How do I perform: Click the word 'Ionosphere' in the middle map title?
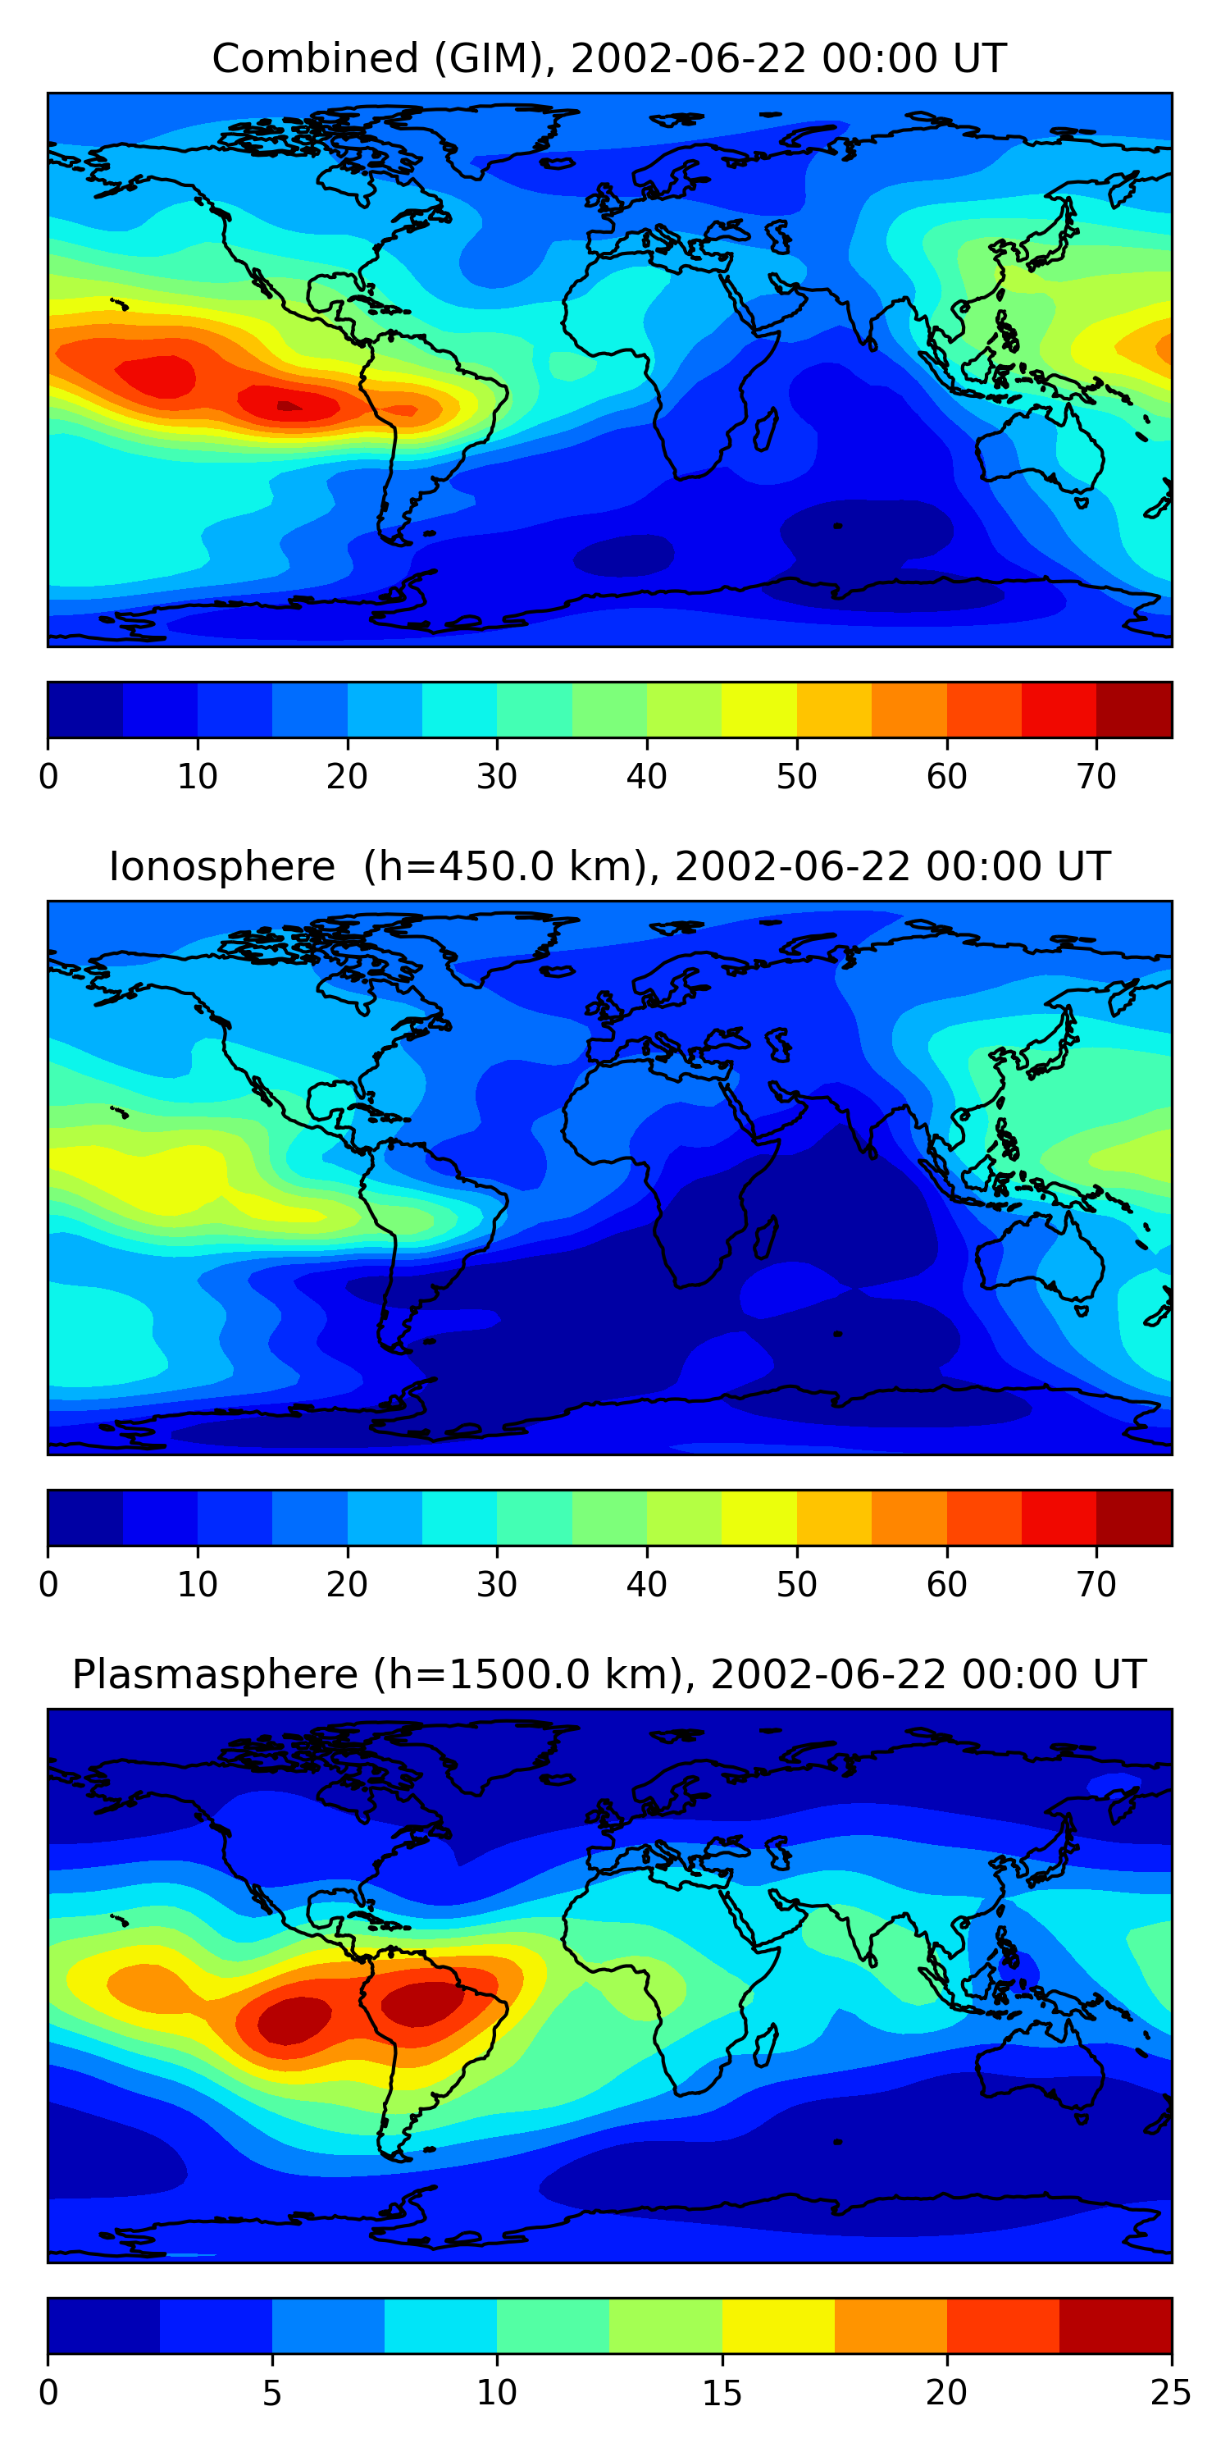[x=221, y=867]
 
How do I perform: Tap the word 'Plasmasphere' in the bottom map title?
[x=215, y=1675]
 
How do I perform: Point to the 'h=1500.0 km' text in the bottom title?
[x=526, y=1675]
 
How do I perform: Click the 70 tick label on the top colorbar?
[x=1096, y=777]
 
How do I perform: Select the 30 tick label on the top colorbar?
[x=497, y=777]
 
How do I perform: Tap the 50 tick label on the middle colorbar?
[x=796, y=1585]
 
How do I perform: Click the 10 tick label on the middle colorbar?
[x=197, y=1585]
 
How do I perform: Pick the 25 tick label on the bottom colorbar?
[x=1171, y=2393]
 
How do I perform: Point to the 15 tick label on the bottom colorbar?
[x=721, y=2393]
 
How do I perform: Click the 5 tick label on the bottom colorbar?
[x=272, y=2393]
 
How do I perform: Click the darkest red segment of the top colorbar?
[x=1133, y=710]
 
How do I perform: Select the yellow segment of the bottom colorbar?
[x=777, y=2326]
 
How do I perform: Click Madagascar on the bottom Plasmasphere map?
[x=765, y=2043]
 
